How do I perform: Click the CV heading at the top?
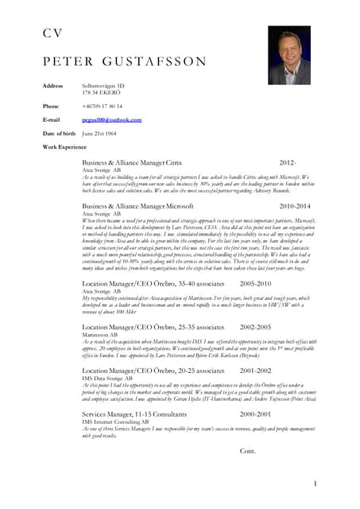tap(52, 33)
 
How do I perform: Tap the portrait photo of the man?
tap(288, 56)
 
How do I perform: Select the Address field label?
tap(52, 85)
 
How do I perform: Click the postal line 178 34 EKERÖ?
tap(103, 93)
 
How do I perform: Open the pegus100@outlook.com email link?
tap(112, 119)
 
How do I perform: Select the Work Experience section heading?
tap(64, 147)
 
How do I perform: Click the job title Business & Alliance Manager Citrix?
tap(132, 161)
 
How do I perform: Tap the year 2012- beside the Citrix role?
tap(288, 161)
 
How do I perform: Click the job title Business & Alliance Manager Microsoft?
tap(137, 206)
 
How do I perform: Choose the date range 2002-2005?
tap(255, 327)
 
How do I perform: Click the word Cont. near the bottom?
tap(248, 451)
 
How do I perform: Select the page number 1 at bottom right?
tap(315, 483)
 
